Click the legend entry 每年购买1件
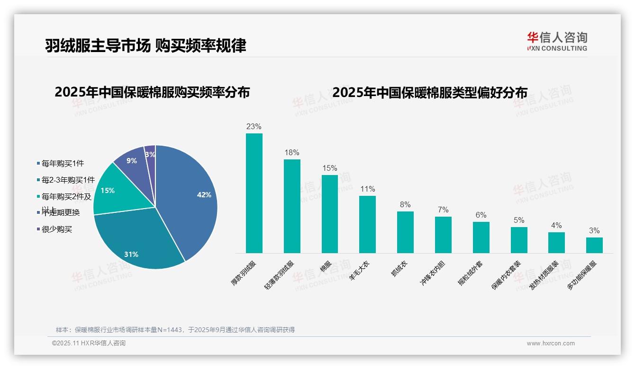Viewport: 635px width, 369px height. tap(63, 164)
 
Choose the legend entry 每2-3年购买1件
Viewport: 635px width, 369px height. tap(68, 180)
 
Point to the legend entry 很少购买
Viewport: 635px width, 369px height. tap(57, 229)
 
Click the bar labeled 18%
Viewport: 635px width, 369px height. tap(292, 206)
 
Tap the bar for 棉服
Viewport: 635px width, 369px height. tap(330, 214)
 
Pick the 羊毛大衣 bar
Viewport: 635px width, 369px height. tap(367, 224)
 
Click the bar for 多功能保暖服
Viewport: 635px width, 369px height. tap(594, 245)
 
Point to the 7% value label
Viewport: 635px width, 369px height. tap(443, 210)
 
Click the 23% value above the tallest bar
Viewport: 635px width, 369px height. tap(254, 127)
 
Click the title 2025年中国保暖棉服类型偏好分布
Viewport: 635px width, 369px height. tap(429, 93)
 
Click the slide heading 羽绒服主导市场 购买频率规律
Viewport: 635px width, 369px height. tap(145, 45)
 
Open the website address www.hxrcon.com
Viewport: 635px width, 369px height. tap(551, 343)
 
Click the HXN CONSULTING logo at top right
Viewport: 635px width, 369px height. tap(557, 41)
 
